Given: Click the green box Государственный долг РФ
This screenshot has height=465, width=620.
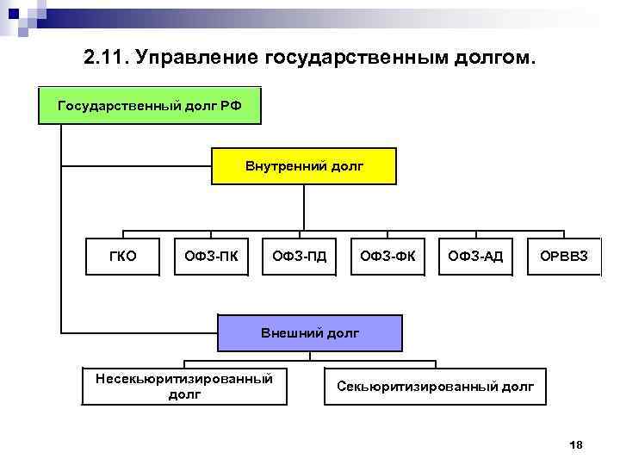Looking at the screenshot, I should tap(148, 105).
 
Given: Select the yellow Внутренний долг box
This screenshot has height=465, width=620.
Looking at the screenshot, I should tap(304, 165).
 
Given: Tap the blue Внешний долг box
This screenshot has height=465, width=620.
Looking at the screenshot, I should tap(309, 332).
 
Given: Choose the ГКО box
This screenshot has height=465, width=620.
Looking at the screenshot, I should tap(123, 255).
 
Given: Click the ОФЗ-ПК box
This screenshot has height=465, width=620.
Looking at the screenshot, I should tap(212, 255).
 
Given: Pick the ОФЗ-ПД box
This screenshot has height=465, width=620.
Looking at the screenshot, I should tap(300, 255).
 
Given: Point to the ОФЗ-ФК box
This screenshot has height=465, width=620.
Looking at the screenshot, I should tap(387, 255).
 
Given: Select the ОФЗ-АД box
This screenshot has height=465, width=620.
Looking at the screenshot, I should tap(475, 255).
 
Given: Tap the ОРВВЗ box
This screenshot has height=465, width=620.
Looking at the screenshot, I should tap(564, 255).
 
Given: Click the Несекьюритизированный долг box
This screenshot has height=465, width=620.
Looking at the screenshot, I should tap(184, 386).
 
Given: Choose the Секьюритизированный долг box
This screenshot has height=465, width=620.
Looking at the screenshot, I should tap(436, 386).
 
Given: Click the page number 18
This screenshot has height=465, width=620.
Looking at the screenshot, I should tap(577, 444).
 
